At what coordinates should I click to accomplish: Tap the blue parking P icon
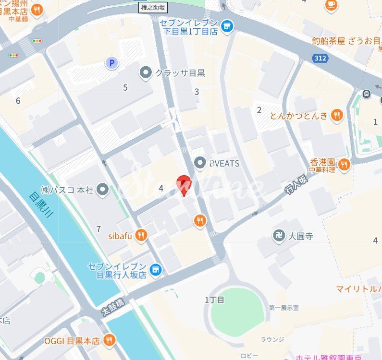click(112, 62)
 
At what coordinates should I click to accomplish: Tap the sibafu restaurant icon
click(141, 235)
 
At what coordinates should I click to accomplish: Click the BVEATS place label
click(224, 164)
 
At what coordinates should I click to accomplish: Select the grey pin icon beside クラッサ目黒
click(145, 73)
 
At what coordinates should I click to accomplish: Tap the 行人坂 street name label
click(296, 184)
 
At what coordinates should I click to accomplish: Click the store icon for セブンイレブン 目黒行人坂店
click(155, 271)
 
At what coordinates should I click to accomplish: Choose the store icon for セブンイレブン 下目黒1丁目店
click(228, 26)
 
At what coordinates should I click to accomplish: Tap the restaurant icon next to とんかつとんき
click(337, 115)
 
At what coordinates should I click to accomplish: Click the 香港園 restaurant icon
click(344, 165)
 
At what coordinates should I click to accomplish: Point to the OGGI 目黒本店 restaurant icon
click(110, 341)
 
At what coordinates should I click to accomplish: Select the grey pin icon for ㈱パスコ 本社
click(102, 190)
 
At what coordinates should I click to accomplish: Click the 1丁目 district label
click(214, 300)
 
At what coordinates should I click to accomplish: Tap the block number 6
click(18, 101)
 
